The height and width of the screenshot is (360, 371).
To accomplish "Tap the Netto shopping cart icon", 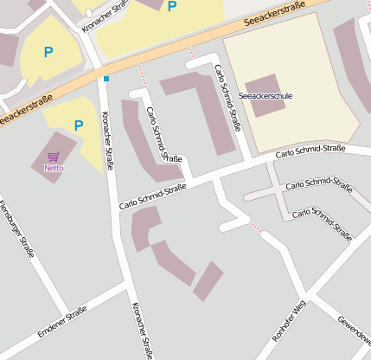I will (54, 157).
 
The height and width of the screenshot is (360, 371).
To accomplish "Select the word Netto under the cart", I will (54, 168).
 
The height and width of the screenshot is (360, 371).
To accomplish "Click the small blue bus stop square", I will (106, 79).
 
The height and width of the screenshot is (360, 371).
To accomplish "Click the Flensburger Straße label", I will (16, 229).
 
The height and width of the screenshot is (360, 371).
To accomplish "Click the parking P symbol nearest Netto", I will (79, 125).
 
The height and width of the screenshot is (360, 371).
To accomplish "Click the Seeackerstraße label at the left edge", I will (26, 107).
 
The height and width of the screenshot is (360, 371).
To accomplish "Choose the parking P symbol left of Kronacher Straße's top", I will (48, 52).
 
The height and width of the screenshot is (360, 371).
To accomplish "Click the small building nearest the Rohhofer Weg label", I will (208, 281).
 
